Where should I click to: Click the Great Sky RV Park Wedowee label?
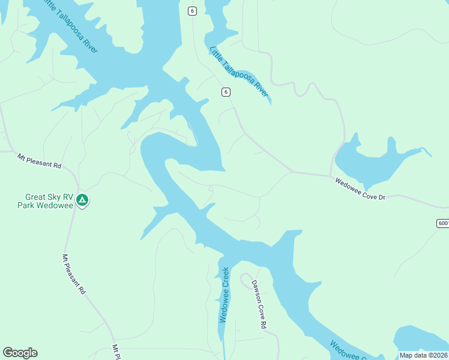(49, 201)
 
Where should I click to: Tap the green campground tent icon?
(82, 200)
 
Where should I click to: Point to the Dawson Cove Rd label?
(258, 304)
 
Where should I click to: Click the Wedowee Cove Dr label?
(359, 188)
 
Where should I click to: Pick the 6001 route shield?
(443, 223)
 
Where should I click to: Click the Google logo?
(20, 353)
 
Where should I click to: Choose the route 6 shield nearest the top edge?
(192, 11)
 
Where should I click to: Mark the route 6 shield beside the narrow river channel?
(225, 92)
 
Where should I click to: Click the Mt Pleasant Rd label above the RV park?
(39, 160)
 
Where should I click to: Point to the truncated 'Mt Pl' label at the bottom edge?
(116, 352)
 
